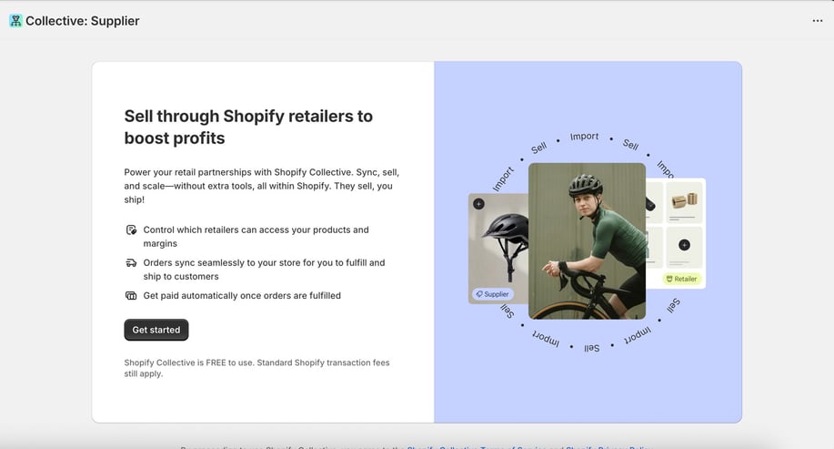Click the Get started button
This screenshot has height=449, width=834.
[x=156, y=330]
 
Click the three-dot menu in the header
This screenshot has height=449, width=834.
[x=817, y=21]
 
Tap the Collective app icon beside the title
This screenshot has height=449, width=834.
[x=15, y=21]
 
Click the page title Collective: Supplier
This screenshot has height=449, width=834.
[x=82, y=21]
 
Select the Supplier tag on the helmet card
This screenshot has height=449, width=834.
[x=492, y=294]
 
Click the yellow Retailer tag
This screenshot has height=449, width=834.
[x=681, y=279]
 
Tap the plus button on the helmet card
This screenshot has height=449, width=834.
[x=478, y=204]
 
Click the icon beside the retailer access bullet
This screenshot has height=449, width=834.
[x=131, y=230]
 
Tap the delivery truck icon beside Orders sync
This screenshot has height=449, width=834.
[x=131, y=263]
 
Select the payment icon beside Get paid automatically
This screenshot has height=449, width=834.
[x=131, y=296]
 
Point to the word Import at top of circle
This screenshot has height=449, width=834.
[x=584, y=137]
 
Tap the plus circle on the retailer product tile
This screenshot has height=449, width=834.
[x=684, y=244]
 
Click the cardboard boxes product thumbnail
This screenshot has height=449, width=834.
[x=684, y=200]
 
